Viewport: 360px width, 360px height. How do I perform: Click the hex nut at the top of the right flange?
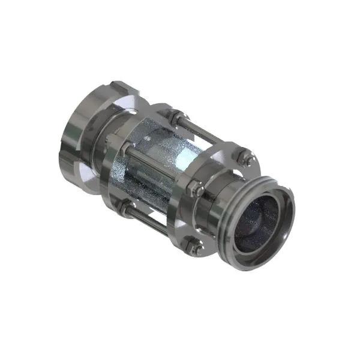(245, 160)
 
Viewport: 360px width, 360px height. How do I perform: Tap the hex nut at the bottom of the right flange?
(193, 245)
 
